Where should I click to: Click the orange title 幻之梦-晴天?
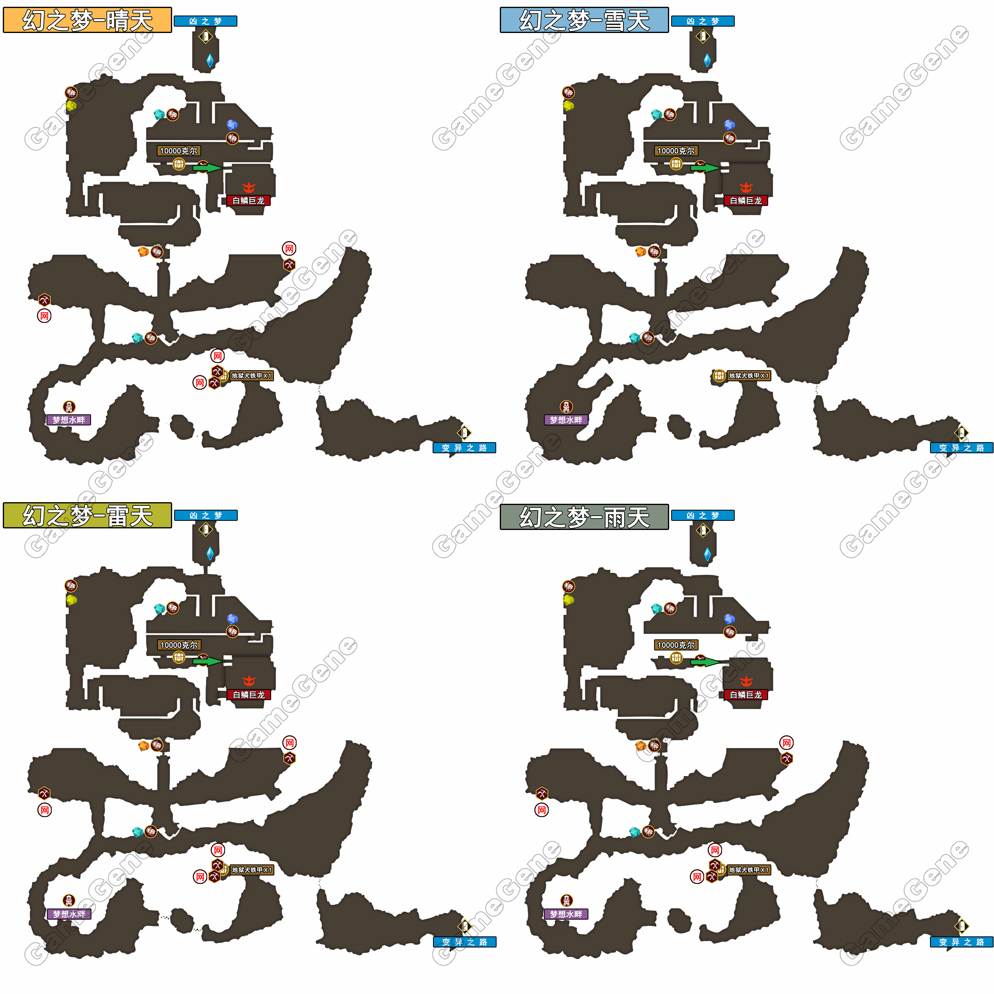pos(87,20)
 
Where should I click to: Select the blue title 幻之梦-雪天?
pos(584,20)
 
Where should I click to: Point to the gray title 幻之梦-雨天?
pos(584,517)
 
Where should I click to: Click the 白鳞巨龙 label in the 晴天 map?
pos(248,201)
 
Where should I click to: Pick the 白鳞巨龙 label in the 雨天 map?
pos(745,695)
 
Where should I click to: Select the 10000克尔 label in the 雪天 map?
pos(676,151)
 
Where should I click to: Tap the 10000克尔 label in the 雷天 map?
pos(179,645)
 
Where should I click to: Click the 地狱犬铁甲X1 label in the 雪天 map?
pos(749,376)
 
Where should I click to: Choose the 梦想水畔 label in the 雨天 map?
pos(566,914)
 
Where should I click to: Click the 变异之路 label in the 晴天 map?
pos(464,448)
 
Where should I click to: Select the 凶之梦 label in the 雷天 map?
pos(206,515)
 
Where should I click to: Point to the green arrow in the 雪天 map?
pos(705,167)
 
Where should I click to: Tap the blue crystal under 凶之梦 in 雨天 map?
pos(707,554)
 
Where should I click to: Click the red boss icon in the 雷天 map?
pos(249,681)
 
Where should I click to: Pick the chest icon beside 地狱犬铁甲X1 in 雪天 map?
pos(719,376)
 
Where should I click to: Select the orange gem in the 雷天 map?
pos(144,745)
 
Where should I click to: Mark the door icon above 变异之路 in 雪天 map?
pos(961,432)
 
